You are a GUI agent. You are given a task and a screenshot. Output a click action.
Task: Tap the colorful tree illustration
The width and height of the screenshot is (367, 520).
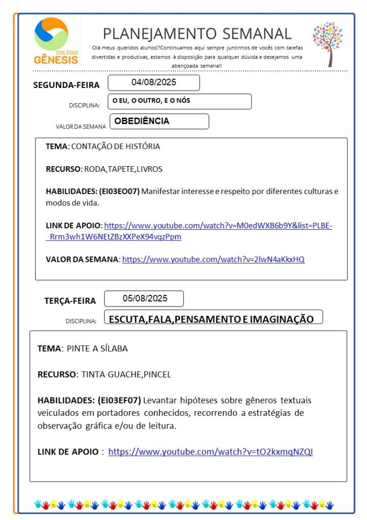point(328,43)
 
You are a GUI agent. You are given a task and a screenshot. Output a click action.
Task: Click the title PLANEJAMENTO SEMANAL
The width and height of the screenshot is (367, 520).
point(197,34)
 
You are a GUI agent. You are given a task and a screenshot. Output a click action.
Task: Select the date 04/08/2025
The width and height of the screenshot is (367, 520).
point(154,82)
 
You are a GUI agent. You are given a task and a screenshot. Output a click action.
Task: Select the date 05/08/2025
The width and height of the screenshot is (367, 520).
point(144,298)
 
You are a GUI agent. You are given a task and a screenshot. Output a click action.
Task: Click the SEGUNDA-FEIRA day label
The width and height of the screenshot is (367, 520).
point(66,85)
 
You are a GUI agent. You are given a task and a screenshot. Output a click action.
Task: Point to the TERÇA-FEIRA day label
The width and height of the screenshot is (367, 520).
point(70,301)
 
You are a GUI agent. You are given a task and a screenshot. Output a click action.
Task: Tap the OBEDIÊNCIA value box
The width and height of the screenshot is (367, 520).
point(158,121)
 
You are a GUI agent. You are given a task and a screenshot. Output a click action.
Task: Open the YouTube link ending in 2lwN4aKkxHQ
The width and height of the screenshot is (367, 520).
point(213,259)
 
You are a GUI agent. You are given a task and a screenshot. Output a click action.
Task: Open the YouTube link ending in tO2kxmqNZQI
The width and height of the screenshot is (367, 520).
point(210,451)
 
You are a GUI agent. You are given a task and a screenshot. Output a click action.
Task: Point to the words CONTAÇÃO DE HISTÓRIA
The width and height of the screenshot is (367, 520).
point(115,146)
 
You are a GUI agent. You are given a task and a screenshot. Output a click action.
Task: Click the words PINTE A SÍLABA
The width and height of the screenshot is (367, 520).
point(97,349)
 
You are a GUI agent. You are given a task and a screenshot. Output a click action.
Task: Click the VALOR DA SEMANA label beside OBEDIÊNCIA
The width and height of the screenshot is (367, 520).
point(81,127)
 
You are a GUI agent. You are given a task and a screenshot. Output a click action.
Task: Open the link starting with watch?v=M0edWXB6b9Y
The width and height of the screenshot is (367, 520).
point(218,226)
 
